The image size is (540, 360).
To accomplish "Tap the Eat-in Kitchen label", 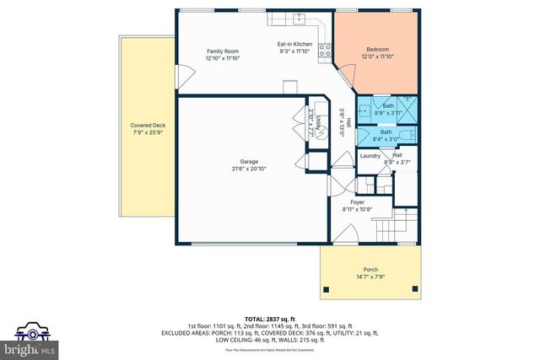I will pyautogui.click(x=295, y=43).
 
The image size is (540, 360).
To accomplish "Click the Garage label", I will pyautogui.click(x=249, y=161).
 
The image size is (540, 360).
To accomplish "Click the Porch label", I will pyautogui.click(x=370, y=270).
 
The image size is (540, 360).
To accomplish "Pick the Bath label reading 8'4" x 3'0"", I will pyautogui.click(x=386, y=136).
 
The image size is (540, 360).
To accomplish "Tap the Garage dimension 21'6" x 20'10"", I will pyautogui.click(x=249, y=168).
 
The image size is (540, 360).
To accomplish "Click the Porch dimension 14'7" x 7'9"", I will pyautogui.click(x=370, y=277).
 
